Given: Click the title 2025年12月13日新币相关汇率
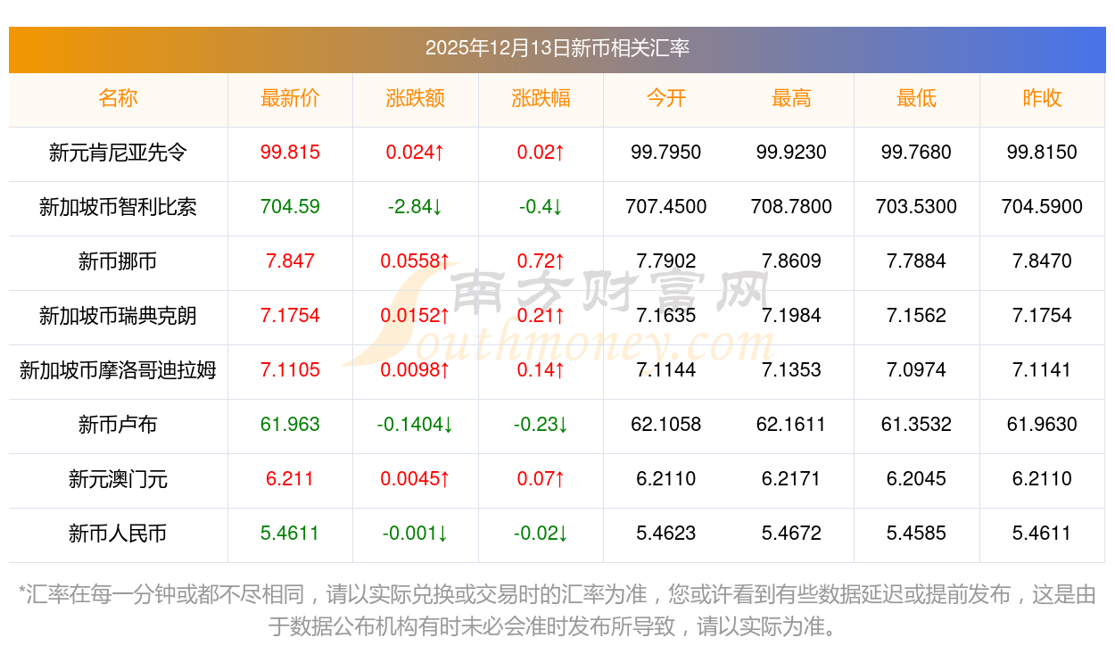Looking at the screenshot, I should coord(557,48).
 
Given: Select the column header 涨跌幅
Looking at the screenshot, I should coord(541,98).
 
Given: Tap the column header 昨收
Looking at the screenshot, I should coord(1042,98).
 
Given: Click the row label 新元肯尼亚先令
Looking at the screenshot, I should coord(118,153).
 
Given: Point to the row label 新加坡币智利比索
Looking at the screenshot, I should coord(118,207).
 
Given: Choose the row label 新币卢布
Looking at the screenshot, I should coord(118,425).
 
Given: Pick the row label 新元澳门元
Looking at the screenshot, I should coord(118,479).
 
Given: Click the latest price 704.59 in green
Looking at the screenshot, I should coord(290,207).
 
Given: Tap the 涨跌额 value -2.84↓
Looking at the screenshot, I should coord(416,207).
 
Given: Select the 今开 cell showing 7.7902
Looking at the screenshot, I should coord(666,261).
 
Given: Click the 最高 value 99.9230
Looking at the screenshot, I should coord(791,153).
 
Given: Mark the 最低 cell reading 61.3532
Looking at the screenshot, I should coord(916,425).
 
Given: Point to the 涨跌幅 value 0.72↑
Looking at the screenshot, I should coord(541,261).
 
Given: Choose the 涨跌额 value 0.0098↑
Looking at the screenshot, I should coord(416,370).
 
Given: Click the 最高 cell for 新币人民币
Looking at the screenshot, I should coord(791,534).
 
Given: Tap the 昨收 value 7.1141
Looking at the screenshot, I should coord(1042,370).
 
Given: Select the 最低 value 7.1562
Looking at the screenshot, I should coord(916,316).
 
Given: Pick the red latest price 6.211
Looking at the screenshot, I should coord(290,479).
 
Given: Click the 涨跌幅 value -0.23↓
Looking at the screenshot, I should coord(541,425).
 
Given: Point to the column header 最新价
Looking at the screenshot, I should coord(290,98).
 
